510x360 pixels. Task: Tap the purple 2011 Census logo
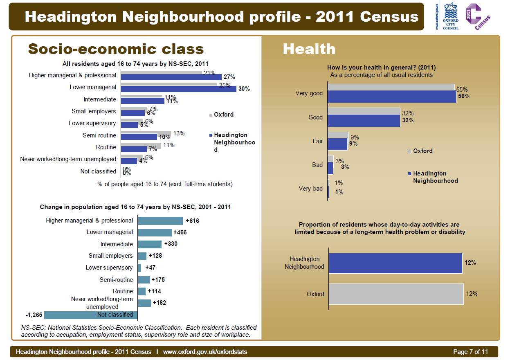(x=477, y=16)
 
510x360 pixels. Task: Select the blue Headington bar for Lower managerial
(x=178, y=89)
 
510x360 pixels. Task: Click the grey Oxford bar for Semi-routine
(x=146, y=133)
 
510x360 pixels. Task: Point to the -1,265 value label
(x=34, y=315)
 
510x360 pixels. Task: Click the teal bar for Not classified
(x=91, y=315)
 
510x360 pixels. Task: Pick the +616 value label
(x=192, y=221)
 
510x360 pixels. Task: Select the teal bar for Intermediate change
(x=149, y=244)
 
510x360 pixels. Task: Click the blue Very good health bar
(x=392, y=97)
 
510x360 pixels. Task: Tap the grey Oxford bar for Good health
(x=364, y=111)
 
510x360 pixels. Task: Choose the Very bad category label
(x=311, y=189)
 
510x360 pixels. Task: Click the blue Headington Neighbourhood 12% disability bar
(x=395, y=263)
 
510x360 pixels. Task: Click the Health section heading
(x=309, y=49)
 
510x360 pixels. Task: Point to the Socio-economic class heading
(x=116, y=49)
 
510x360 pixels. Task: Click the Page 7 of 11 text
(x=471, y=352)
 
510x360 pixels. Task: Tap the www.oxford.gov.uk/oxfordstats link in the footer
(x=205, y=352)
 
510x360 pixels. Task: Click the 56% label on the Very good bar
(x=464, y=97)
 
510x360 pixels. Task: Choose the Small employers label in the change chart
(x=110, y=256)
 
